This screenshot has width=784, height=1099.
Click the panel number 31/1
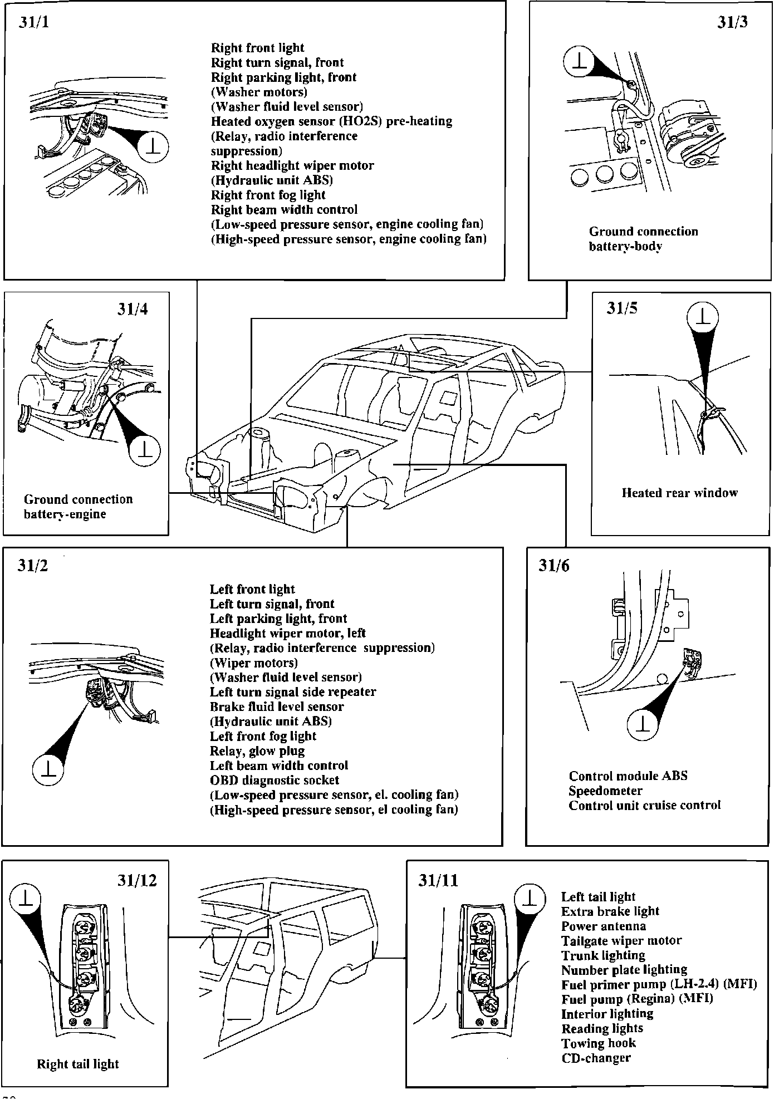tap(34, 23)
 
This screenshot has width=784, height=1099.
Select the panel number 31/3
tap(732, 23)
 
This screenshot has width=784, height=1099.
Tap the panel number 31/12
tap(137, 880)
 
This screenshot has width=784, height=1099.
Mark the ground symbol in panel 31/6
tap(643, 724)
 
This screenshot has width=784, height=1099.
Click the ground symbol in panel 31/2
tap(48, 770)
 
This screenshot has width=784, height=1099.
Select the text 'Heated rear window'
tap(679, 493)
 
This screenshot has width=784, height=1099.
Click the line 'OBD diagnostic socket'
tap(274, 780)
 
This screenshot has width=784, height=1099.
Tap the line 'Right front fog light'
tap(268, 195)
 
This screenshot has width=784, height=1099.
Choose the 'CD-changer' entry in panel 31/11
tap(596, 1058)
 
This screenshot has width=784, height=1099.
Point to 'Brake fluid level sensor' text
tap(277, 706)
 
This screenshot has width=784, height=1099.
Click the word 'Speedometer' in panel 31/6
tap(605, 791)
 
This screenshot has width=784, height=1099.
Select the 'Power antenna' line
tap(604, 926)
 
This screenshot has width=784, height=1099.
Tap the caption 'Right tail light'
tap(78, 1064)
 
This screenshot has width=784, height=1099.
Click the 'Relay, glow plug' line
tap(257, 750)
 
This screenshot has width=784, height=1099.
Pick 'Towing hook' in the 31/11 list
tap(599, 1043)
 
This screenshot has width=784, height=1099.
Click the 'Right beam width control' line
tap(284, 209)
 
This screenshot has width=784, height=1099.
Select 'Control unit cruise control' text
tap(644, 805)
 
